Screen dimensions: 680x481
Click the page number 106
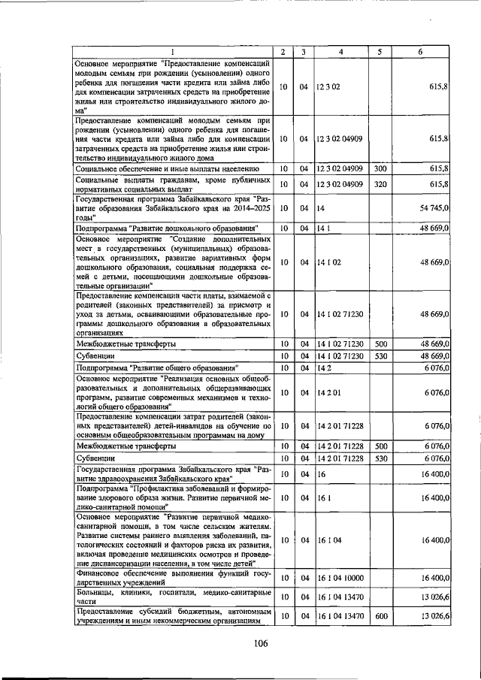(260, 642)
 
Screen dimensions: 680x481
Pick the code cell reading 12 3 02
(328, 87)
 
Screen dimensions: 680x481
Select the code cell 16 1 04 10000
(340, 578)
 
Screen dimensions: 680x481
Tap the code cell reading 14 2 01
(328, 392)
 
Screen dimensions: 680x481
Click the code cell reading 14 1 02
(328, 263)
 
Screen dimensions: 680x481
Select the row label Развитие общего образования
(157, 367)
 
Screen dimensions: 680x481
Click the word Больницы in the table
(96, 592)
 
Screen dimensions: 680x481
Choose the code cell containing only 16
(320, 474)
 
